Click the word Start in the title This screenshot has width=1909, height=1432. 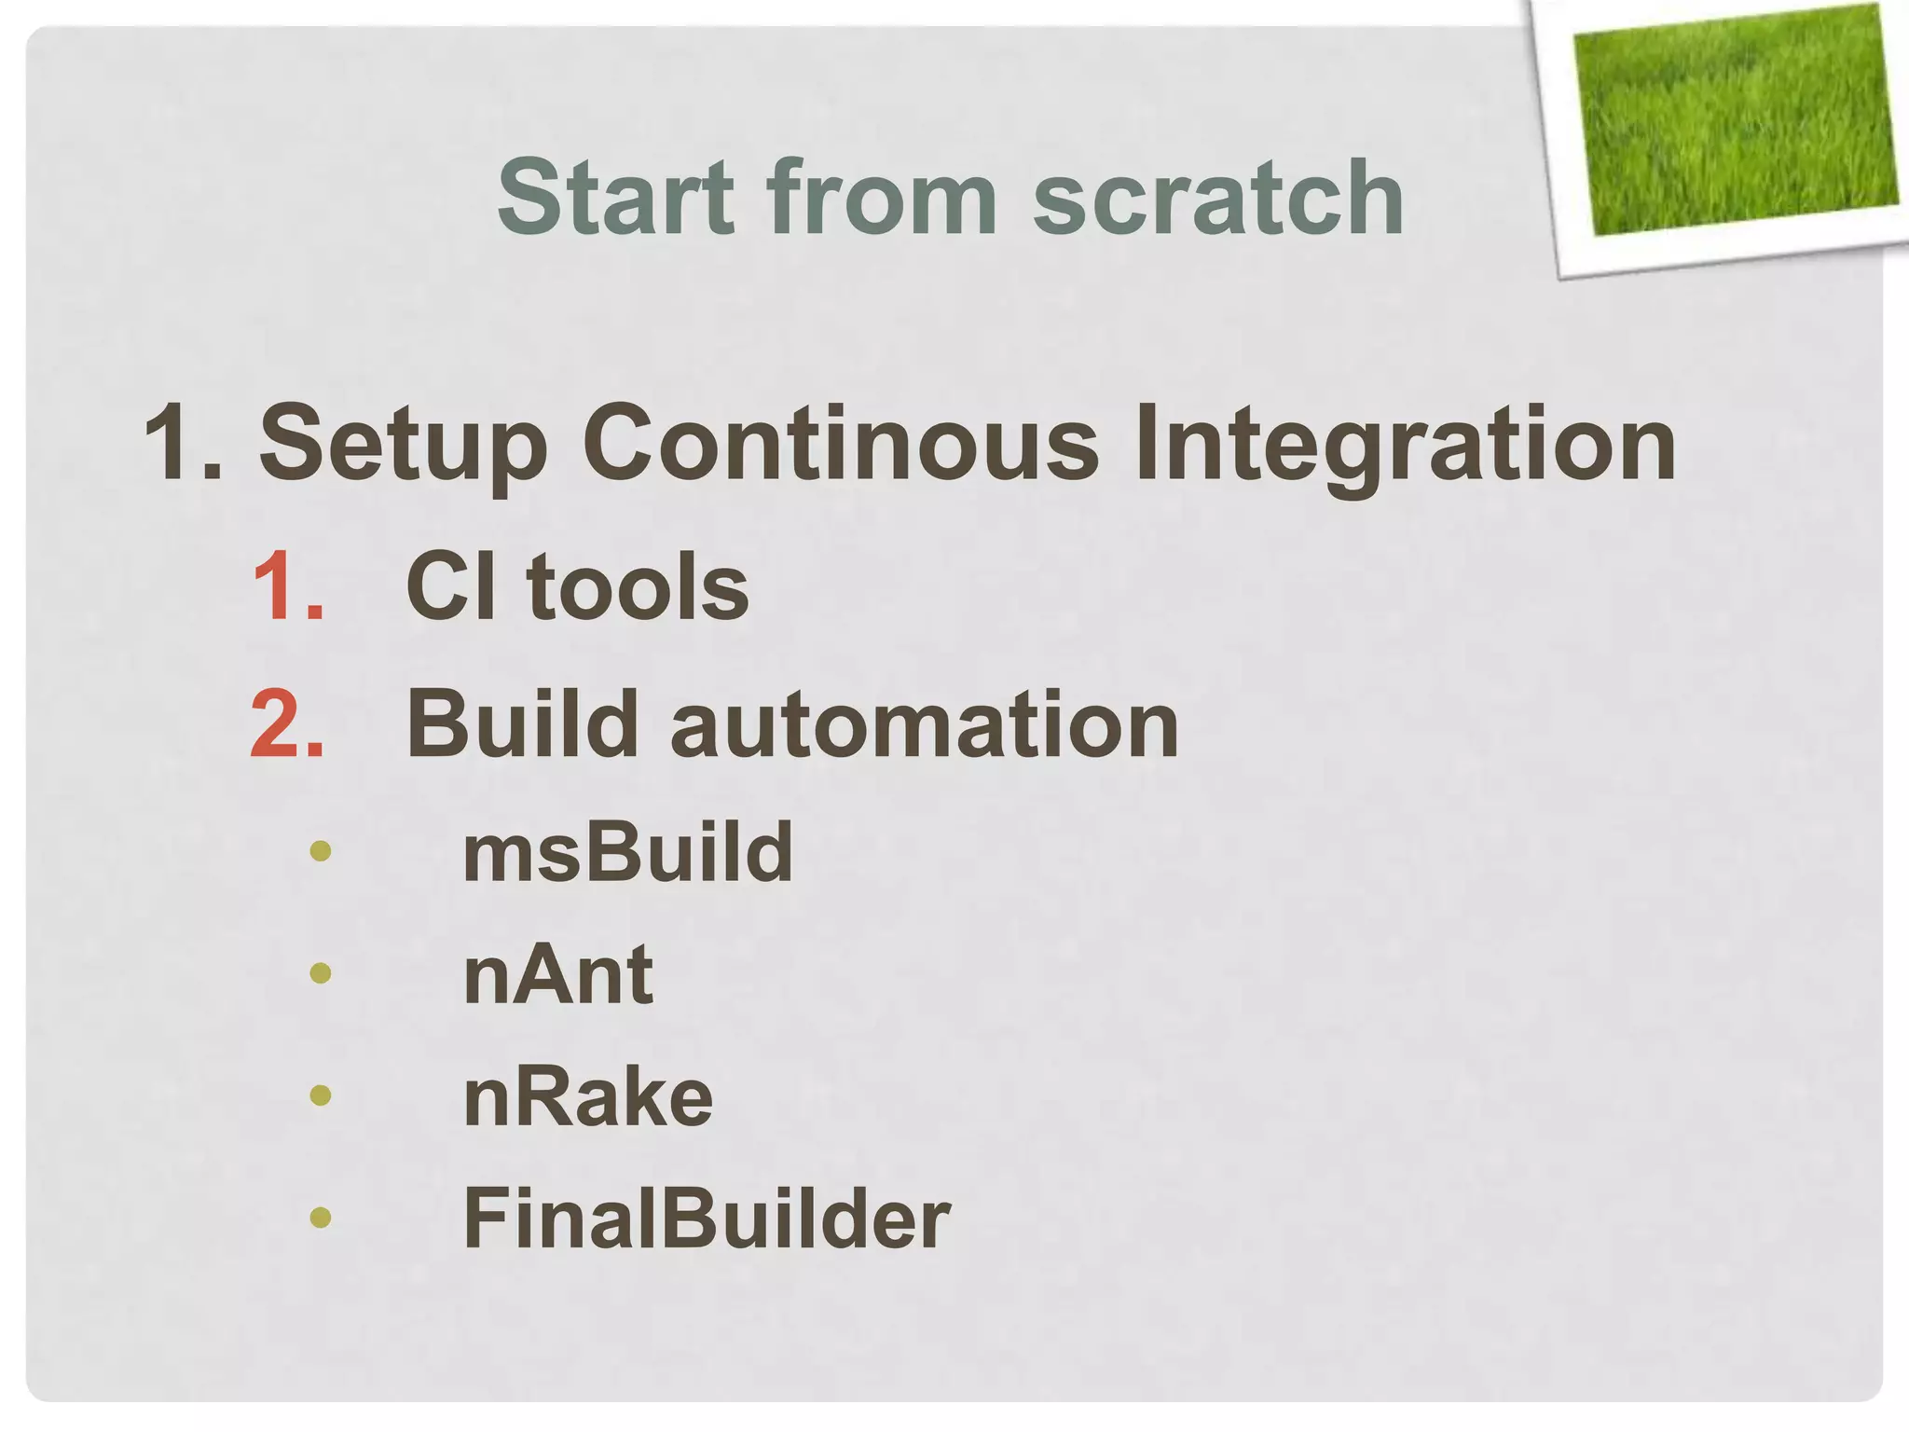click(x=615, y=198)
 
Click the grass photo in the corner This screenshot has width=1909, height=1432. click(x=1734, y=121)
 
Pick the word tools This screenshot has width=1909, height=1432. click(x=638, y=586)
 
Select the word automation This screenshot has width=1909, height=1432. click(x=924, y=725)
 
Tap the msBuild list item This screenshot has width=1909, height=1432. click(x=627, y=851)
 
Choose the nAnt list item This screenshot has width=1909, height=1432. click(x=557, y=974)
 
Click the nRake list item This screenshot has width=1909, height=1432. click(x=587, y=1097)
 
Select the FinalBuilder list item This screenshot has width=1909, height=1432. click(x=706, y=1219)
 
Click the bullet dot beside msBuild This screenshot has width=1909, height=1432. click(x=320, y=850)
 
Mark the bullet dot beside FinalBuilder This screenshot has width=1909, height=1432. click(x=320, y=1217)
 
